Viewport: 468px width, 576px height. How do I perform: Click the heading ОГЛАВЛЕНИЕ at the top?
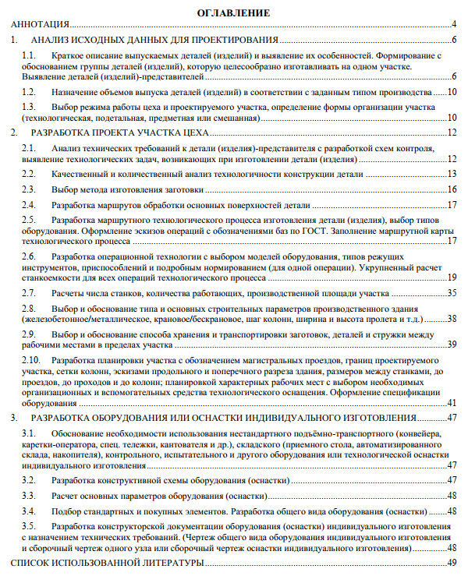click(234, 13)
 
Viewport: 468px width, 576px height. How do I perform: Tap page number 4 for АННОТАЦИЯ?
click(454, 25)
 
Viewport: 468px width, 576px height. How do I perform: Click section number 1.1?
click(29, 57)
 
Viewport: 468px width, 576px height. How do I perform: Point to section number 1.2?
click(29, 92)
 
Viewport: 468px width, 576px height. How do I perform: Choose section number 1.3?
click(29, 106)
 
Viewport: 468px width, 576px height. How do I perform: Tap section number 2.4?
click(29, 205)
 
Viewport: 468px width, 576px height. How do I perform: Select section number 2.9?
click(29, 334)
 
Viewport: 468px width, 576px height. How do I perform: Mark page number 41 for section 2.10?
click(452, 403)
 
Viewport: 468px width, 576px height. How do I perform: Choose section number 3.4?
click(29, 511)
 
